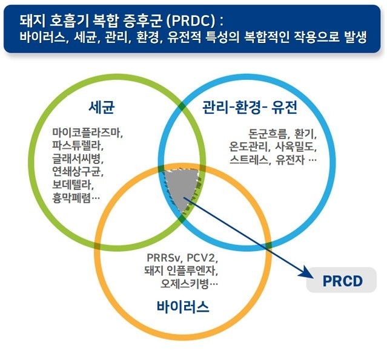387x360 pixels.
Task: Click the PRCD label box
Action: click(x=342, y=280)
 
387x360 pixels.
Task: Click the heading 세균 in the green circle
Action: click(x=102, y=107)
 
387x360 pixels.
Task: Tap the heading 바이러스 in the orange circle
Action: click(x=183, y=307)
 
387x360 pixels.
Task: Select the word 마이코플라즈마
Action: click(x=87, y=133)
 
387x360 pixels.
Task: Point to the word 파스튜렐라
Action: click(x=77, y=146)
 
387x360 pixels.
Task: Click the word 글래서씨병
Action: click(x=77, y=159)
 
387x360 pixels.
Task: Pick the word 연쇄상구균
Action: click(x=77, y=172)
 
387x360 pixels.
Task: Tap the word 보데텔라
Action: click(x=72, y=185)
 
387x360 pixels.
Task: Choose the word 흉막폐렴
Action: click(x=71, y=198)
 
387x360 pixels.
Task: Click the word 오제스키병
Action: click(x=185, y=284)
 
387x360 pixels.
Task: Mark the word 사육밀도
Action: click(x=295, y=146)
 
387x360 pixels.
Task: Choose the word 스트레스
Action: click(x=248, y=160)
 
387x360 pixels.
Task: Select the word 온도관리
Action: click(x=248, y=146)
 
